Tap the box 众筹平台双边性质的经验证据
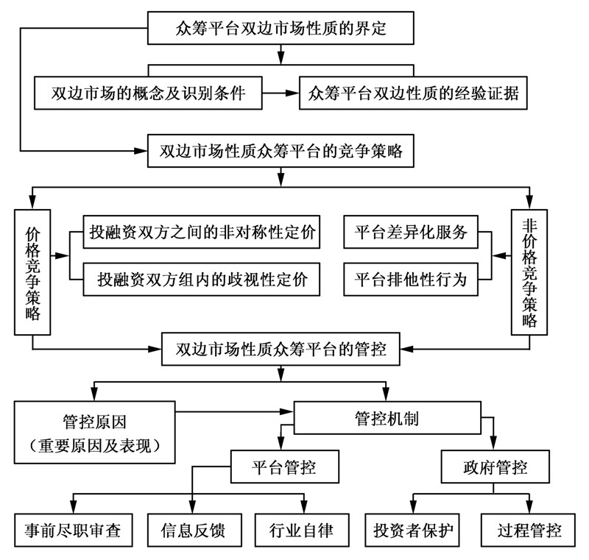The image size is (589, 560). (x=413, y=93)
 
